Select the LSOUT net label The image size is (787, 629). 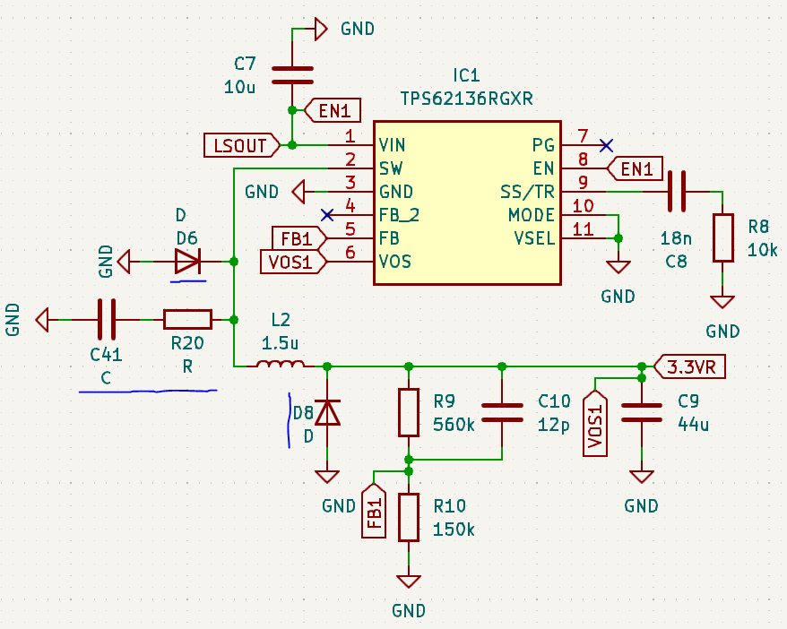click(x=239, y=144)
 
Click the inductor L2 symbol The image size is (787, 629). click(x=280, y=365)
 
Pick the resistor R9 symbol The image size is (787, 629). click(x=409, y=412)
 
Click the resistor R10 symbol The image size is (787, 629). click(x=409, y=517)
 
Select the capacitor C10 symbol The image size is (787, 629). click(x=502, y=412)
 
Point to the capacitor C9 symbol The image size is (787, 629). click(x=642, y=412)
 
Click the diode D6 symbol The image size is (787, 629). click(x=188, y=261)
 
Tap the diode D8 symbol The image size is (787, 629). click(x=328, y=412)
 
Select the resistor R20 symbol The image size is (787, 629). click(x=187, y=319)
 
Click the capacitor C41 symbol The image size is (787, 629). click(x=107, y=319)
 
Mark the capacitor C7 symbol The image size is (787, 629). click(x=292, y=73)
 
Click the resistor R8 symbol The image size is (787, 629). click(x=722, y=237)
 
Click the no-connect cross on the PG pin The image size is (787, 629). click(x=607, y=144)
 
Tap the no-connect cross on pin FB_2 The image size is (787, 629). click(x=328, y=214)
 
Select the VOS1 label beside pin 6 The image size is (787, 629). click(x=290, y=262)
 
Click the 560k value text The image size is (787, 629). click(x=454, y=424)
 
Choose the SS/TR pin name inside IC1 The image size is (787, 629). click(x=528, y=192)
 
